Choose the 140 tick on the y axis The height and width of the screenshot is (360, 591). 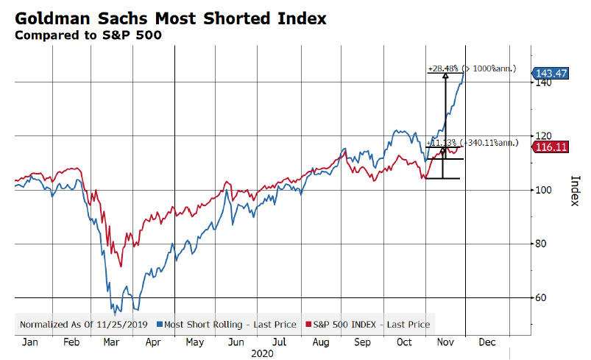542,82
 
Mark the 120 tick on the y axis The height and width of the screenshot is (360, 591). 542,136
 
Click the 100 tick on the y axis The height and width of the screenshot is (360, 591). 542,190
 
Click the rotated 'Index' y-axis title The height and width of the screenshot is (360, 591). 576,191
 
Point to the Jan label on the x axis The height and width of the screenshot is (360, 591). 30,342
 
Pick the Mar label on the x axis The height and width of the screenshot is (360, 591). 113,342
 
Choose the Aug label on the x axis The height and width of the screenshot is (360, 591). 321,342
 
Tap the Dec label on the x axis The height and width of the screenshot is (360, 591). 486,342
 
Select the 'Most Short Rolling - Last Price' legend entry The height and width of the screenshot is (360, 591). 226,324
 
